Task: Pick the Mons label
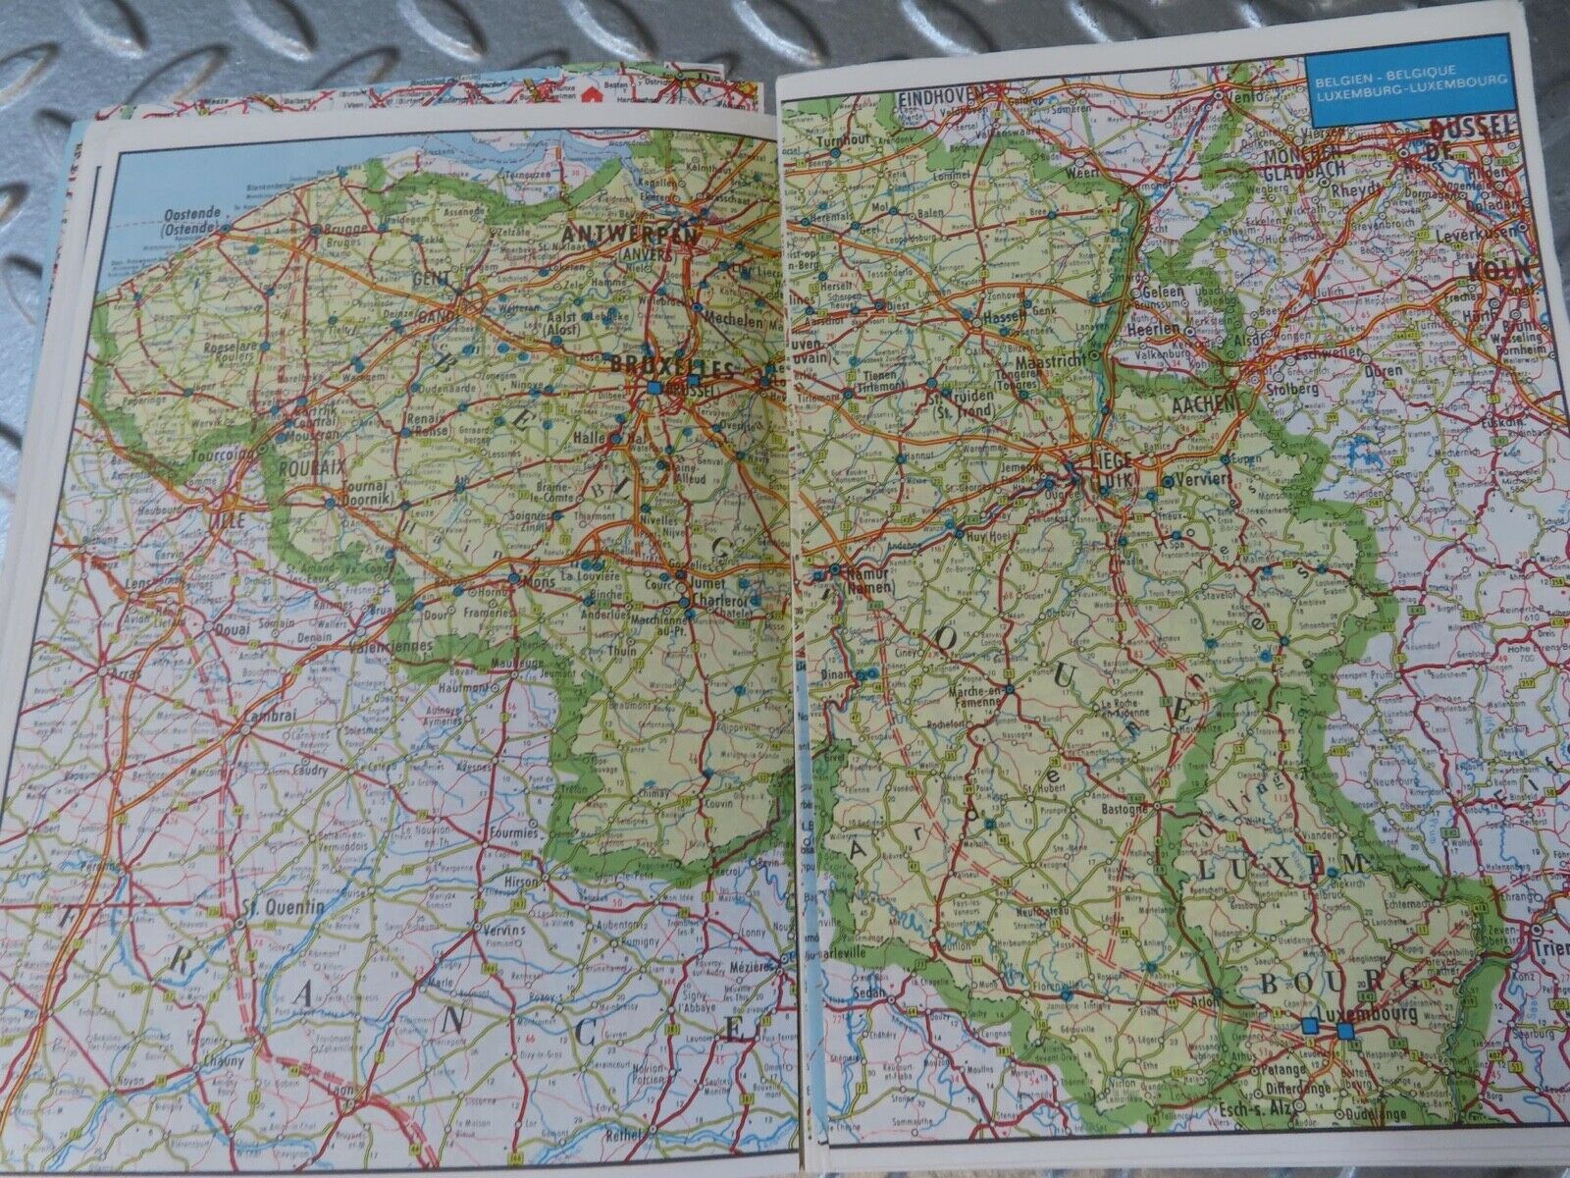click(541, 581)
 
